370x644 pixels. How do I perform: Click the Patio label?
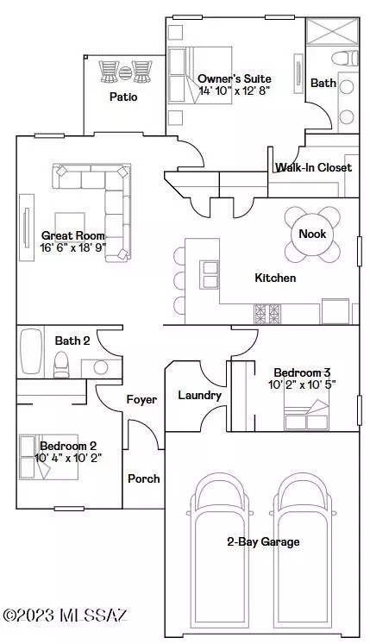123,97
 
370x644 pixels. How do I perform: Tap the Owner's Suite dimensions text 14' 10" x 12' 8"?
235,91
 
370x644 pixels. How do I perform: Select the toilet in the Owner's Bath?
344,58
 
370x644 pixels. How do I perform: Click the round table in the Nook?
312,234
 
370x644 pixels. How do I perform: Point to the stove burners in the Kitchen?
267,314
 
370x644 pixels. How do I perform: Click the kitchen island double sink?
210,274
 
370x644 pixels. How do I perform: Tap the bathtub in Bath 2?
31,351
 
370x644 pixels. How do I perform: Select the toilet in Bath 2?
62,365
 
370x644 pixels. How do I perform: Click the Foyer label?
141,400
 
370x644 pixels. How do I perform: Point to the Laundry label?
200,396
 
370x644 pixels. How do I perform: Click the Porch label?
143,478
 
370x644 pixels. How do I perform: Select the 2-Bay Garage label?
263,541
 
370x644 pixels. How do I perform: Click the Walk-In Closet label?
313,167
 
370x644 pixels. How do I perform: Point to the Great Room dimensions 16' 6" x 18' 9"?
73,247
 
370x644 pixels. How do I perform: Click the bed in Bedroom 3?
306,415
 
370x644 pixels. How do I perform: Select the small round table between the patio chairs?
125,72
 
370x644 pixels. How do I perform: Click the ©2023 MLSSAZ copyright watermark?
66,616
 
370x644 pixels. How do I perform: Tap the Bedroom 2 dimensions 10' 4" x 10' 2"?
68,458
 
